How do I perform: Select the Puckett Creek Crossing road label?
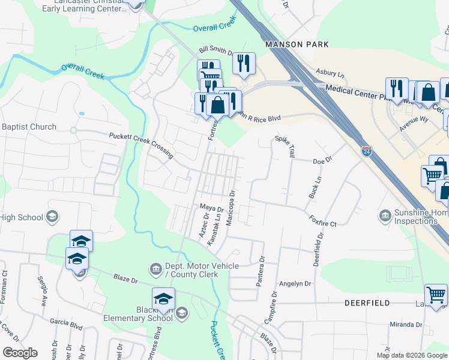click(x=141, y=145)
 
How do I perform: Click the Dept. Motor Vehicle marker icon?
click(x=155, y=268)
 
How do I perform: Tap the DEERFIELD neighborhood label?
click(x=368, y=304)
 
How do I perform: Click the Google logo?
click(x=19, y=353)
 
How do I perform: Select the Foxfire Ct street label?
click(x=323, y=222)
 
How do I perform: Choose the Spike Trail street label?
click(x=285, y=146)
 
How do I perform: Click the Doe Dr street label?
click(x=322, y=161)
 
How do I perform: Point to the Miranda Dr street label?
click(x=405, y=325)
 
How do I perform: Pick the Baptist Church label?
click(x=29, y=127)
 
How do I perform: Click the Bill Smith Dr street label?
click(x=216, y=52)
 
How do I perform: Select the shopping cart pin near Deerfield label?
click(x=436, y=295)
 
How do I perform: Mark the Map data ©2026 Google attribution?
click(x=412, y=355)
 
